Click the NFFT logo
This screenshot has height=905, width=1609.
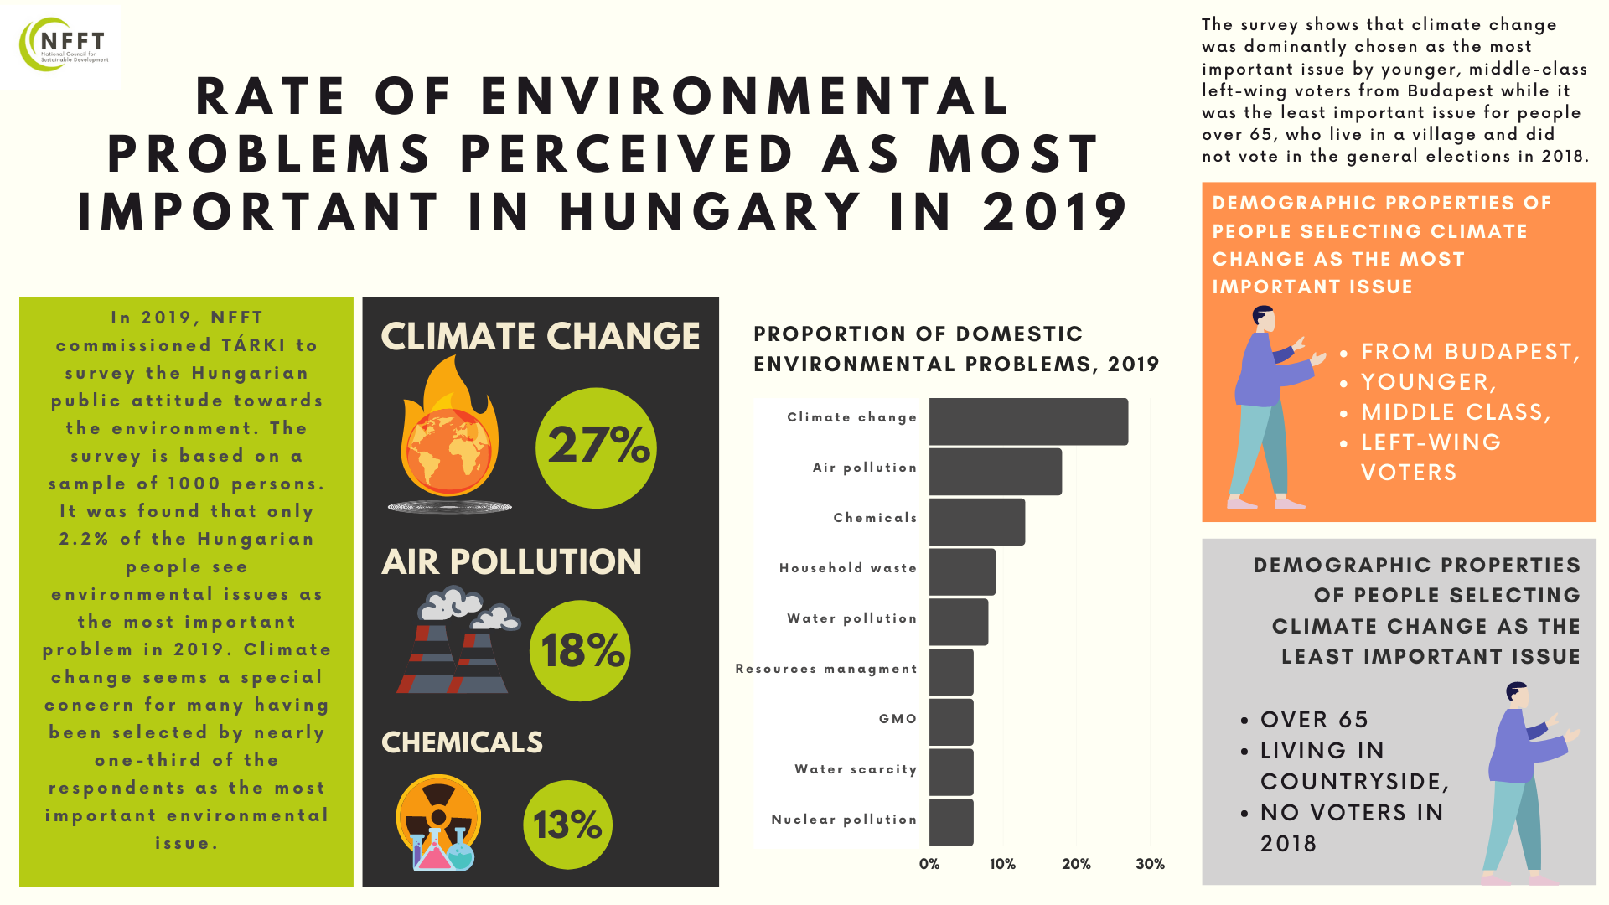click(x=63, y=46)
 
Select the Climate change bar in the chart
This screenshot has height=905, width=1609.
click(x=1028, y=421)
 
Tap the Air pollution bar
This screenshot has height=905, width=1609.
click(x=995, y=472)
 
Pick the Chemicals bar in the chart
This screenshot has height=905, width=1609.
click(x=976, y=522)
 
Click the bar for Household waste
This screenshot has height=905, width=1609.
click(x=962, y=572)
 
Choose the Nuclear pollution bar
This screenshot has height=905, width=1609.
click(x=951, y=822)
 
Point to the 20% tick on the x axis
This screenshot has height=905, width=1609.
click(x=1076, y=864)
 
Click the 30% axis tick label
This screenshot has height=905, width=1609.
click(x=1150, y=864)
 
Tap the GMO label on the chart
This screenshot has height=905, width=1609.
click(x=898, y=719)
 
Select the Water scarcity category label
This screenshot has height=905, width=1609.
click(x=856, y=769)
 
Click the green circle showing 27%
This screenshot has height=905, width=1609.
click(x=596, y=447)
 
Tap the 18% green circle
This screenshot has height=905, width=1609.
click(x=581, y=651)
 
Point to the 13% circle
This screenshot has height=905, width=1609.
click(x=567, y=825)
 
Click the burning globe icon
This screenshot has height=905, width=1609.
click(x=450, y=436)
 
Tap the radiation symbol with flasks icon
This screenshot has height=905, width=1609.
click(x=438, y=823)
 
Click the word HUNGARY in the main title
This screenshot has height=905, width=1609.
click(x=711, y=211)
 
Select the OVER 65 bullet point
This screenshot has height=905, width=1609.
click(x=1314, y=720)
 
